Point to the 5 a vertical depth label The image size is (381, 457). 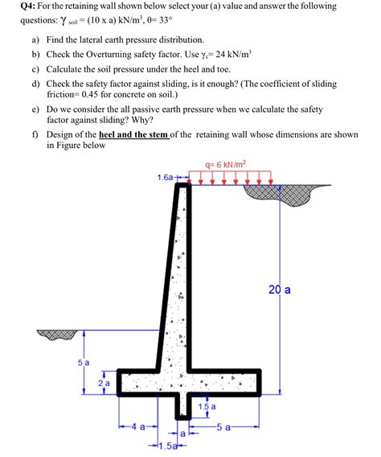84,363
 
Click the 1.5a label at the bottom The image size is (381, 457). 170,447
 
